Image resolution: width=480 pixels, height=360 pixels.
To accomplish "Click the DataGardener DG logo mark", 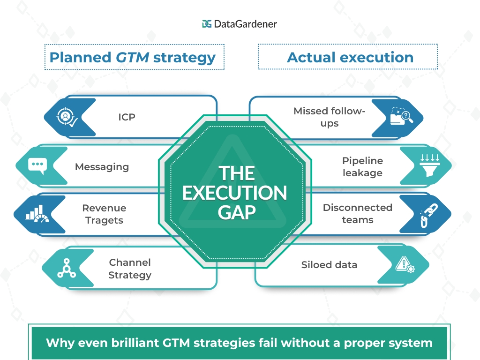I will (207, 24).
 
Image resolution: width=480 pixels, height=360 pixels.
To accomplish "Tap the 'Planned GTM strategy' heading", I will (133, 57).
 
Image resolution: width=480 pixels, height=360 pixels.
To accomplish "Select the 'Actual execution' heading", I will (350, 57).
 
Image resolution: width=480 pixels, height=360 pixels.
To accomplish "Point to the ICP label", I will (127, 117).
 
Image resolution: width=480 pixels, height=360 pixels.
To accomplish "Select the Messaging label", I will (102, 166).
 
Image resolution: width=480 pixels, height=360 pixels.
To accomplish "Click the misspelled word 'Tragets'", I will (104, 220).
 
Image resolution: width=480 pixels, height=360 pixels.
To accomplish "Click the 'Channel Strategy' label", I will (130, 269).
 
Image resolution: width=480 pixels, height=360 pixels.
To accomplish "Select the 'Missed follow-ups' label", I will (329, 117).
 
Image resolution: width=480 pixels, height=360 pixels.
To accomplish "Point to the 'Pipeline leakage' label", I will (362, 166).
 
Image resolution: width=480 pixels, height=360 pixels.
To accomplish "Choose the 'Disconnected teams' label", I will (357, 213).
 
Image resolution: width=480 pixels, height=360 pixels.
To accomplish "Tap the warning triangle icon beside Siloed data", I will (405, 265).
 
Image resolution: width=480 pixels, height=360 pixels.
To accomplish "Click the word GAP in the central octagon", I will (237, 212).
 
